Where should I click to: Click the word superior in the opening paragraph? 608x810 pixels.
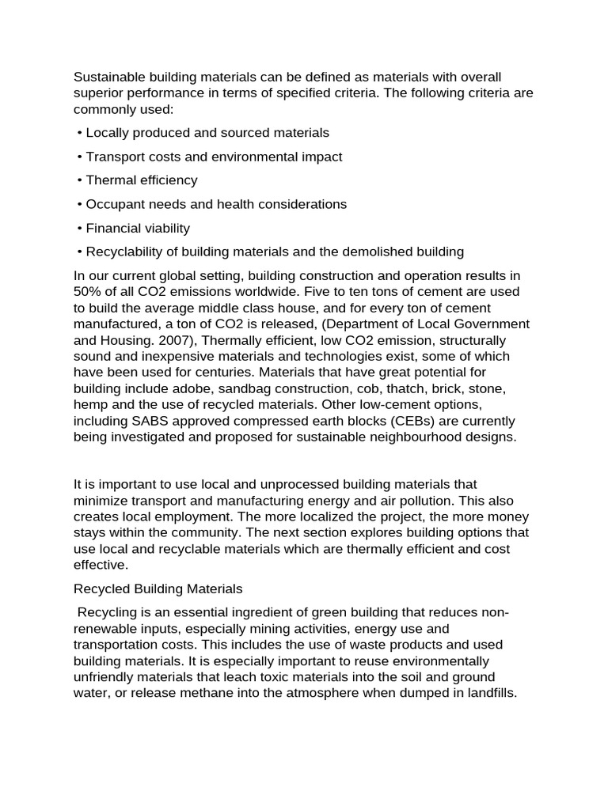97,93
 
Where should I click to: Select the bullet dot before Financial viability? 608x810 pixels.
80,228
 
